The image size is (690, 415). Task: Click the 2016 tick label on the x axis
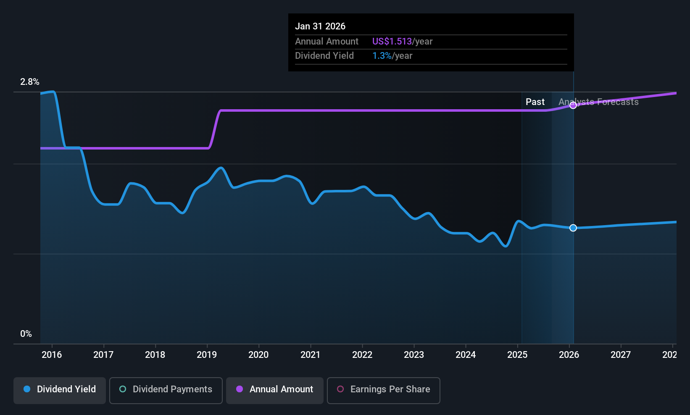52,355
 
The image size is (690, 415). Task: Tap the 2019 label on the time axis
207,355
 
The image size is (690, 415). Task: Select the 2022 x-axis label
362,355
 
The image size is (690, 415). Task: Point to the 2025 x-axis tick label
517,355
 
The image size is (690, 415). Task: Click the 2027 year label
621,355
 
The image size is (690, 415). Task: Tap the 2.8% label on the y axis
30,82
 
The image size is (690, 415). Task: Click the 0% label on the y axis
26,334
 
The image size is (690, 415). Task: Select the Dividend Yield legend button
60,389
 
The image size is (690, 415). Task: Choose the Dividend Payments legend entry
166,389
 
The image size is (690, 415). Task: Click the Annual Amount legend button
275,389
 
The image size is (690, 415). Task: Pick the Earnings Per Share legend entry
383,389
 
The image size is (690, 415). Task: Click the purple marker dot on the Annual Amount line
573,105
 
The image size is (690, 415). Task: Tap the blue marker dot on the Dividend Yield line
573,228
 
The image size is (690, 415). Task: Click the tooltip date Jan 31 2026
320,26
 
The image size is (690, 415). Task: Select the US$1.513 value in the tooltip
392,42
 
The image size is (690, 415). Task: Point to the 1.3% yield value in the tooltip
382,56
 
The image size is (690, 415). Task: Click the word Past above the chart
535,102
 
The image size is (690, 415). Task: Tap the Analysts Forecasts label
598,102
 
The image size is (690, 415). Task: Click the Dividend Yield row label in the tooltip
324,56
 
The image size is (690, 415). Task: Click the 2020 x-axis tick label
258,355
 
